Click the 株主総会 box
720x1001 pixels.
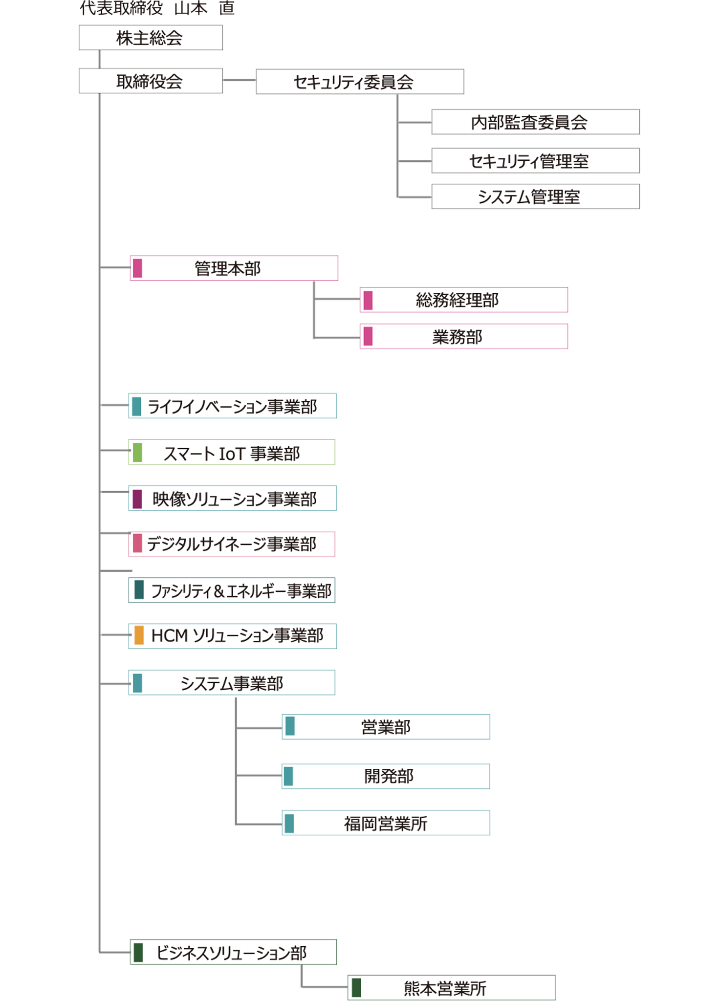pyautogui.click(x=150, y=38)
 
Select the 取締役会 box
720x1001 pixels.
pyautogui.click(x=150, y=81)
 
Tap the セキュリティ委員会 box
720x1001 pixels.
pyautogui.click(x=359, y=82)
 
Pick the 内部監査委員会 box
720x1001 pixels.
pyautogui.click(x=535, y=122)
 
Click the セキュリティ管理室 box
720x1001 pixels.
pyautogui.click(x=535, y=161)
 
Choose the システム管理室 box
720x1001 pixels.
pyautogui.click(x=535, y=197)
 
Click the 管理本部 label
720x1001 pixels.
pyautogui.click(x=228, y=268)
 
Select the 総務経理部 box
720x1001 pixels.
pyautogui.click(x=463, y=300)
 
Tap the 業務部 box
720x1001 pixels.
pyautogui.click(x=463, y=337)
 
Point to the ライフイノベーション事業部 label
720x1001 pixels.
pyautogui.click(x=232, y=407)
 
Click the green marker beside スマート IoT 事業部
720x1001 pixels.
pyautogui.click(x=138, y=453)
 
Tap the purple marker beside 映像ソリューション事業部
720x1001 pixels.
pyautogui.click(x=138, y=499)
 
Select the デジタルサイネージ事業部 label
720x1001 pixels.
pyautogui.click(x=232, y=544)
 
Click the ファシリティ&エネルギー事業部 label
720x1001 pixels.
pyautogui.click(x=240, y=591)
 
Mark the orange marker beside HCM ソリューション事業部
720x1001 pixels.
pyautogui.click(x=139, y=635)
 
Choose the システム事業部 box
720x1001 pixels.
pyautogui.click(x=232, y=683)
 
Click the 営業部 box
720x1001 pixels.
pyautogui.click(x=386, y=727)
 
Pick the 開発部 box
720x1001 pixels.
pyautogui.click(x=386, y=776)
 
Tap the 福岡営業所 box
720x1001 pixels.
pyautogui.click(x=386, y=824)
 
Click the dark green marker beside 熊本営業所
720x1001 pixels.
pyautogui.click(x=356, y=987)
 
